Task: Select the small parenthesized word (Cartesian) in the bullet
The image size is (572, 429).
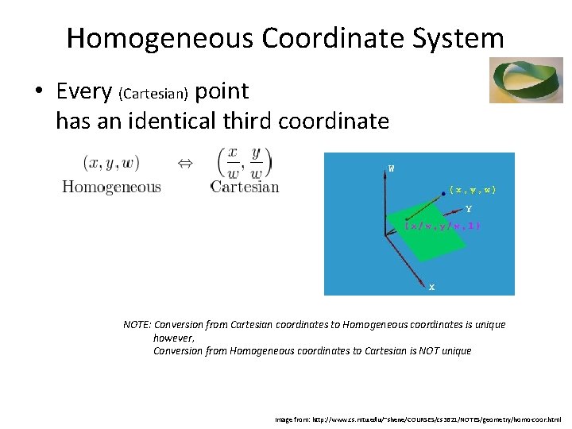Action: (x=153, y=95)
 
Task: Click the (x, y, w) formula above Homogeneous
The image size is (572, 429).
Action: (x=110, y=163)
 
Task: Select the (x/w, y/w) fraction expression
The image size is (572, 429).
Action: (x=244, y=163)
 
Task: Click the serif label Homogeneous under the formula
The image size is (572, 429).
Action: (x=111, y=187)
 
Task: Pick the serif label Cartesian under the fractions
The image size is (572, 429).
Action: (x=245, y=187)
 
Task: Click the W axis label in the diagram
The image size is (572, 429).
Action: (x=391, y=168)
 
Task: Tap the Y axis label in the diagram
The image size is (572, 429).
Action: (x=469, y=210)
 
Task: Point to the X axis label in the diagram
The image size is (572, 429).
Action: (x=431, y=287)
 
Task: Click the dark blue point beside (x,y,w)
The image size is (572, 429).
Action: (x=443, y=191)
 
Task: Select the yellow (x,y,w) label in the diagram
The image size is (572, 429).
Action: (x=473, y=190)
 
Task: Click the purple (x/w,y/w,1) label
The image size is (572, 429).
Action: (x=443, y=226)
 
